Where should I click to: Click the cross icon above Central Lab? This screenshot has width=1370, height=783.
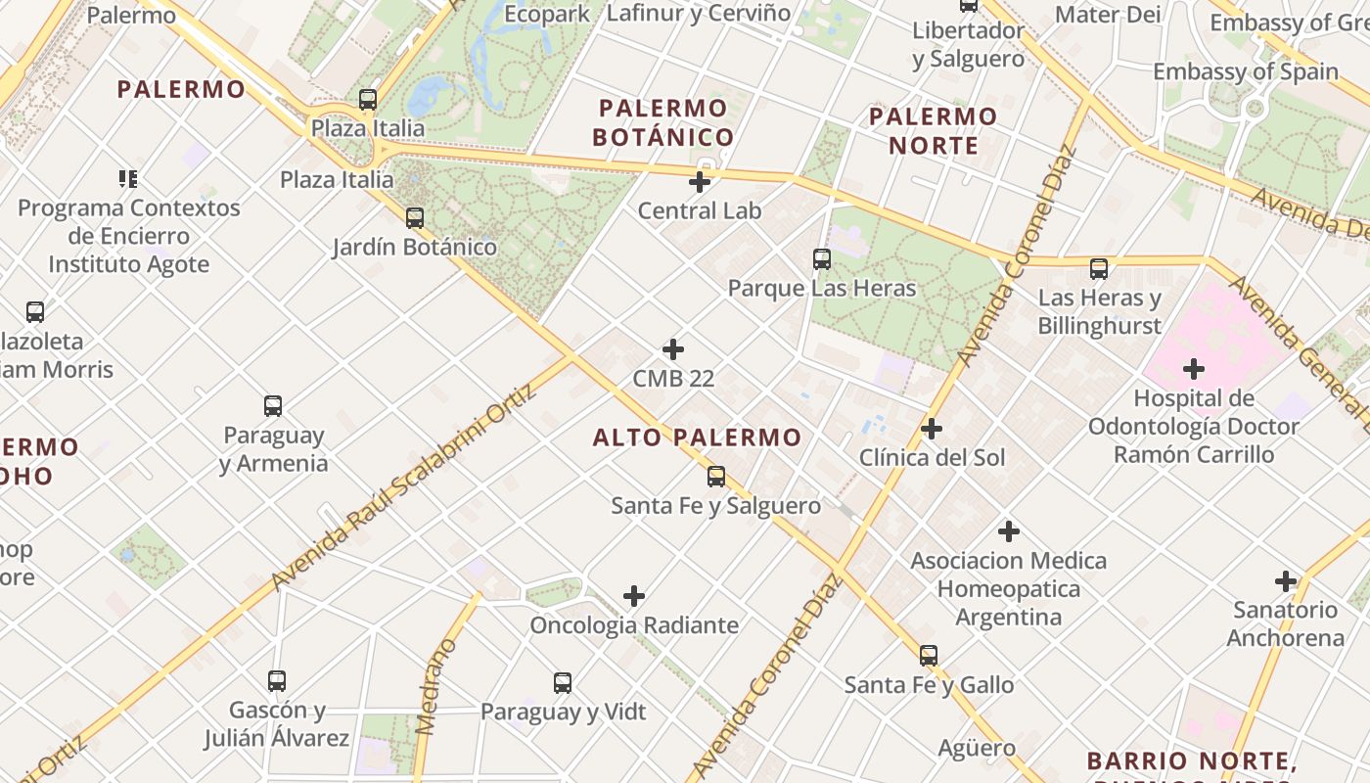click(x=700, y=182)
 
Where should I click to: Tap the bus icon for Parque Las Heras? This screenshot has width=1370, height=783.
click(x=822, y=259)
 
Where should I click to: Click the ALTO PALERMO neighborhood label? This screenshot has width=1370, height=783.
click(x=697, y=438)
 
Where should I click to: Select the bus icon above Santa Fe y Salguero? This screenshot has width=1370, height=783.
click(x=716, y=477)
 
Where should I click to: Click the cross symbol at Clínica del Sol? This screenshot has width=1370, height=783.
click(x=932, y=429)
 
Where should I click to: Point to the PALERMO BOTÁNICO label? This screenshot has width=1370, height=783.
click(x=662, y=122)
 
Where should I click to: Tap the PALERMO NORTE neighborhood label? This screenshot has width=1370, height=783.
click(x=933, y=131)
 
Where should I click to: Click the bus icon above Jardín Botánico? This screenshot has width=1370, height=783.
click(x=415, y=217)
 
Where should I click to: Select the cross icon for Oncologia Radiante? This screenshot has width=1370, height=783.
click(x=634, y=596)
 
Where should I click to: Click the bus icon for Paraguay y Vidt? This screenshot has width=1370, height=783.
click(x=563, y=682)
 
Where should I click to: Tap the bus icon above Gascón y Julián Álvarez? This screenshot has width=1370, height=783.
click(x=277, y=680)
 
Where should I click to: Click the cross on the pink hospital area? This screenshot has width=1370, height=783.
click(x=1194, y=369)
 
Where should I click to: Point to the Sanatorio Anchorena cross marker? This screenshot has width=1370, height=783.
click(x=1286, y=581)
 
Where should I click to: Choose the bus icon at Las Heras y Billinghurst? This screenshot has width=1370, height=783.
click(x=1099, y=268)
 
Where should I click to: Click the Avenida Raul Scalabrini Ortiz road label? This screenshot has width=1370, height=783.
click(x=404, y=487)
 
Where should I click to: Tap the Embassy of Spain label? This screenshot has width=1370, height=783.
click(x=1245, y=71)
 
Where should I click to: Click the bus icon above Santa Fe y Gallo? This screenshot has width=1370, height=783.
click(x=929, y=655)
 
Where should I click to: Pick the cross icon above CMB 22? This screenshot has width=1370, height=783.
click(x=673, y=349)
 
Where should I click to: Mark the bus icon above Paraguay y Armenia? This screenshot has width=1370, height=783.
click(x=273, y=405)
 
